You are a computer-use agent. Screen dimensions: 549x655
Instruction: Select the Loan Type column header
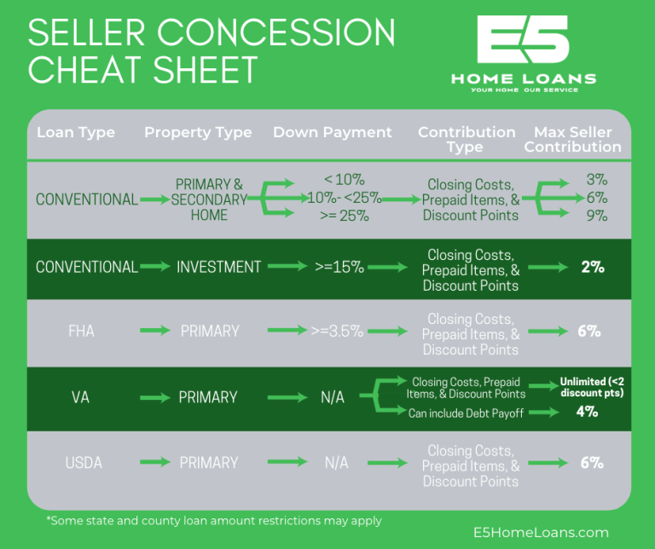(x=76, y=132)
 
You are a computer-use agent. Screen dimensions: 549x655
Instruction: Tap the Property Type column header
(x=198, y=132)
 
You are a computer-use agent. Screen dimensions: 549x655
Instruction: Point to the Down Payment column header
(x=333, y=132)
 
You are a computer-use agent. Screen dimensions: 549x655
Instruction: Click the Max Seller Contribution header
(x=572, y=139)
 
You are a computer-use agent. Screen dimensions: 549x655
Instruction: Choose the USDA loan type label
(x=84, y=463)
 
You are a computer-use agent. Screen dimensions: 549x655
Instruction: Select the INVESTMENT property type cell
(x=218, y=267)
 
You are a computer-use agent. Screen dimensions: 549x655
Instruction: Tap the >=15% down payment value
(x=339, y=267)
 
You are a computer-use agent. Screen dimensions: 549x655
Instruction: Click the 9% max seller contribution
(x=596, y=216)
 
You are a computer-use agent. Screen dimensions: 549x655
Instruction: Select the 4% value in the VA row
(x=586, y=412)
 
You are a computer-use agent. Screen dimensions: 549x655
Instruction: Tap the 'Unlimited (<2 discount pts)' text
(x=590, y=387)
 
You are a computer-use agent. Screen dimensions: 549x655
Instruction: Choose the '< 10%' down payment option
(x=345, y=180)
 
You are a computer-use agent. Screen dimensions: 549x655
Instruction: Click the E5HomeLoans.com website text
(x=541, y=533)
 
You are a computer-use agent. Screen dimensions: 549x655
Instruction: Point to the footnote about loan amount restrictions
(x=213, y=520)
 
